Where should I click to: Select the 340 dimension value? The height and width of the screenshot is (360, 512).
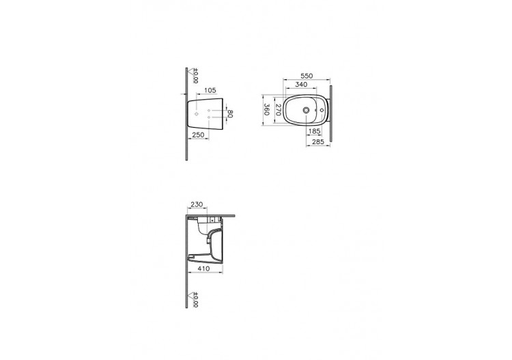[x=301, y=85]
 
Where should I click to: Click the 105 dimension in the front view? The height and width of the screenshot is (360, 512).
[x=210, y=89]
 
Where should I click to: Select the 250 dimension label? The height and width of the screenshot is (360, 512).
[x=197, y=136]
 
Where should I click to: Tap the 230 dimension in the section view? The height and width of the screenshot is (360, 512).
[x=197, y=203]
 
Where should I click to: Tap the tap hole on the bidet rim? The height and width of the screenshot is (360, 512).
[x=322, y=109]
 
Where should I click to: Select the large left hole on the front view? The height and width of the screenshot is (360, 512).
[x=197, y=115]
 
